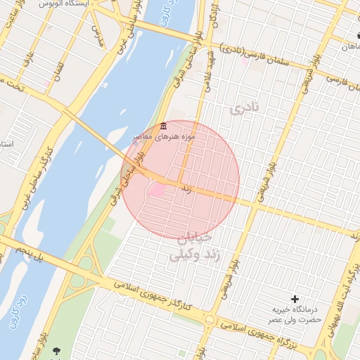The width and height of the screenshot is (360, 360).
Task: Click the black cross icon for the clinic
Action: point(295,299)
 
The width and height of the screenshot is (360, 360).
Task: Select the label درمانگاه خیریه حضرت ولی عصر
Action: point(296,314)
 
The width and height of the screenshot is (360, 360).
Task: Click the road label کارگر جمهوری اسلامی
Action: point(169,295)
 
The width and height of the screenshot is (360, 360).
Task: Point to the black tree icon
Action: point(56,351)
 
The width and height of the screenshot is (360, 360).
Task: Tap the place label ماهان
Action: point(349,46)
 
